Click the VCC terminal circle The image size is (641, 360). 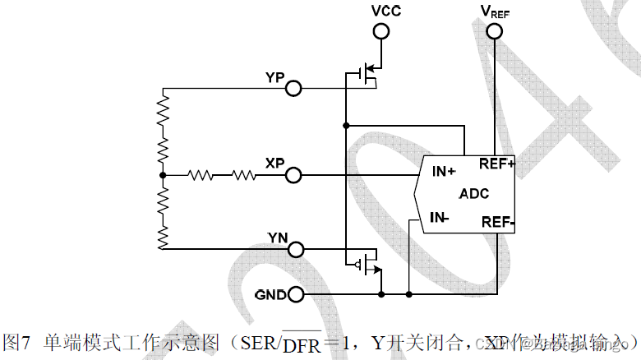coord(380,31)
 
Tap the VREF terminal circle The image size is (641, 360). coord(495,31)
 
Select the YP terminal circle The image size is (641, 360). coord(293,88)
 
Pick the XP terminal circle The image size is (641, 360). coord(293,175)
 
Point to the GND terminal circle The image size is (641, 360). coord(293,293)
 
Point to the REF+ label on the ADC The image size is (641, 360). coord(496,164)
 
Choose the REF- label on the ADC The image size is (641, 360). coord(497,222)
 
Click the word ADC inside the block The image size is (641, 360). coord(474,194)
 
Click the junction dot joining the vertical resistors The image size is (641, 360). coord(163,175)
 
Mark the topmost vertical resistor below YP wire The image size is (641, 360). coord(163,107)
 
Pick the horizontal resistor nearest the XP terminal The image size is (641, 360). coord(244,175)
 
